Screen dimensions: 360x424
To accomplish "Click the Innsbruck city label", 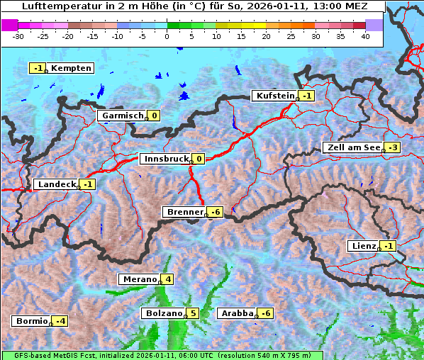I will (x=165, y=159).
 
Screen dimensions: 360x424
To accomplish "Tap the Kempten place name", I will (x=72, y=68).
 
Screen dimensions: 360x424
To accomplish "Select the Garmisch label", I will (x=123, y=116).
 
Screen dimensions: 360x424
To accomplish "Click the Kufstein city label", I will (x=274, y=96).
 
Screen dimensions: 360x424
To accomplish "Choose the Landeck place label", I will (x=56, y=184).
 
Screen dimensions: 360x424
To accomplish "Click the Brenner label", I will (x=184, y=212).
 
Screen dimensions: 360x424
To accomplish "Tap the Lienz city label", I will (x=363, y=246).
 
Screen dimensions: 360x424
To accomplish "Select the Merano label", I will (x=139, y=279).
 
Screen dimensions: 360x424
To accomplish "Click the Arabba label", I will (x=237, y=313).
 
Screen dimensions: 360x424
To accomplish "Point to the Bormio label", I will (x=32, y=321).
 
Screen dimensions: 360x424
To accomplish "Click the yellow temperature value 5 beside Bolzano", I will (x=193, y=313).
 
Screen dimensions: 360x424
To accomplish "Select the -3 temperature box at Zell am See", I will (x=392, y=147).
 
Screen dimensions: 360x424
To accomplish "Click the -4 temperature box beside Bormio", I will (x=61, y=321).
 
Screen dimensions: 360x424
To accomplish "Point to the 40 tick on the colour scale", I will (x=364, y=35).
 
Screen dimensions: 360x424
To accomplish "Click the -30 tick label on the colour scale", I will (x=18, y=35).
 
